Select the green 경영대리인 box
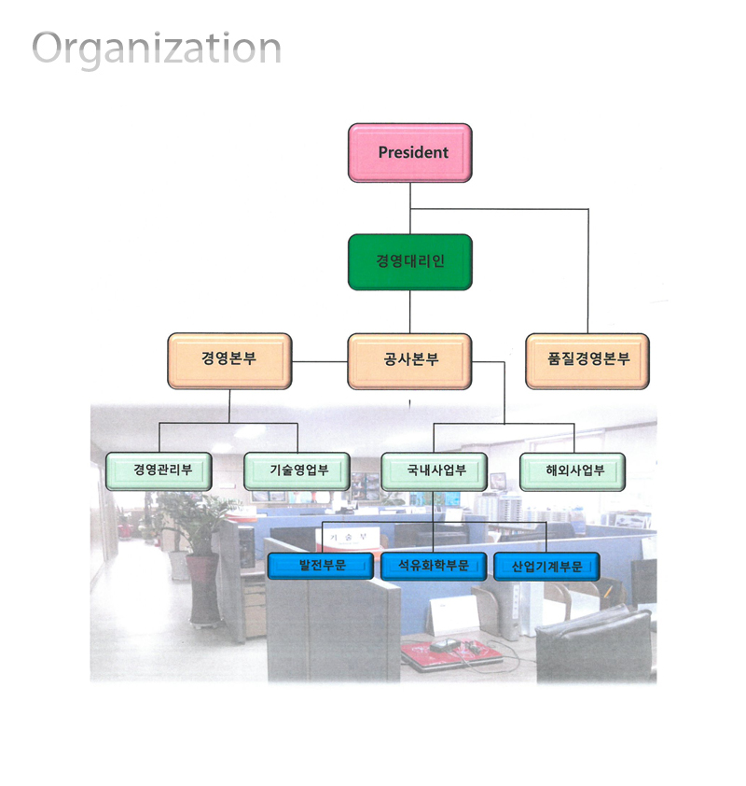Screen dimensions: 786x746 [x=409, y=261]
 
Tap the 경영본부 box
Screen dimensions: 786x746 [x=229, y=360]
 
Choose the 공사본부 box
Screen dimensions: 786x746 [x=409, y=360]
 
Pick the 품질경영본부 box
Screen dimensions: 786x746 [x=587, y=360]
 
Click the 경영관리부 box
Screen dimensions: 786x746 [x=159, y=471]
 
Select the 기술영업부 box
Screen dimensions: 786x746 [x=297, y=471]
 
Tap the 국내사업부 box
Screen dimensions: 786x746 [x=435, y=471]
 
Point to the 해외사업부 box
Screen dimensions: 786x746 [x=573, y=471]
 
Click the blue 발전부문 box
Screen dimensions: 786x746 [x=321, y=567]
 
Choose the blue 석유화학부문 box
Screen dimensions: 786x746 [x=433, y=567]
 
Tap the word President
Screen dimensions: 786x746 [x=413, y=152]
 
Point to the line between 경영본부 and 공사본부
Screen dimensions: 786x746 [x=320, y=361]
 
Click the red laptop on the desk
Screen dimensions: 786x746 [x=450, y=653]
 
